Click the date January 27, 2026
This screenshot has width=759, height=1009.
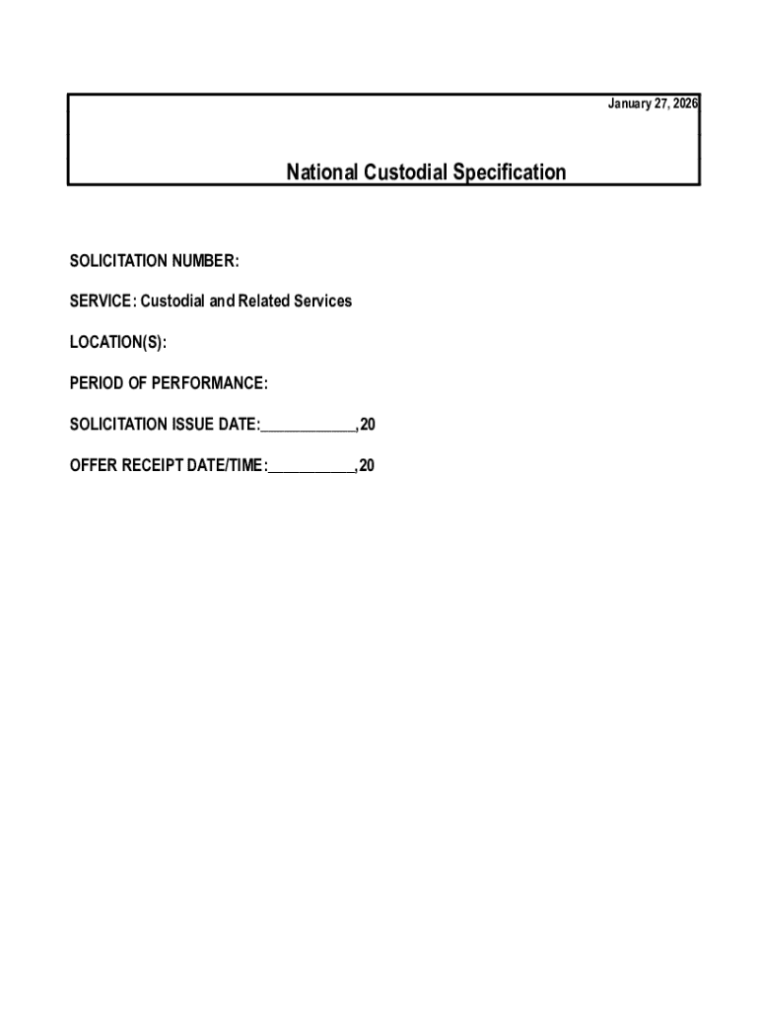click(x=652, y=105)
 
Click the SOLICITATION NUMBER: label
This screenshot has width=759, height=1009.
click(x=155, y=261)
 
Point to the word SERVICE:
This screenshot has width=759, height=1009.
click(x=102, y=301)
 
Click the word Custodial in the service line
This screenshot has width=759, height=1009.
click(x=178, y=301)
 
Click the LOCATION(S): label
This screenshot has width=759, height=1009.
click(x=118, y=342)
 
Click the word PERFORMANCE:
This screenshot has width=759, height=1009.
click(x=210, y=382)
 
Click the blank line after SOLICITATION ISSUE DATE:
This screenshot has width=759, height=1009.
click(x=308, y=428)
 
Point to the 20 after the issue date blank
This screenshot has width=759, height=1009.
click(x=368, y=425)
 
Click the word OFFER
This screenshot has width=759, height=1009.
click(x=93, y=466)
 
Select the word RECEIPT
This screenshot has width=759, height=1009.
click(x=156, y=466)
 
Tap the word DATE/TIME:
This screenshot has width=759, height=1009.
click(x=231, y=466)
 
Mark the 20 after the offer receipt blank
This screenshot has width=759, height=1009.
click(x=367, y=466)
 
